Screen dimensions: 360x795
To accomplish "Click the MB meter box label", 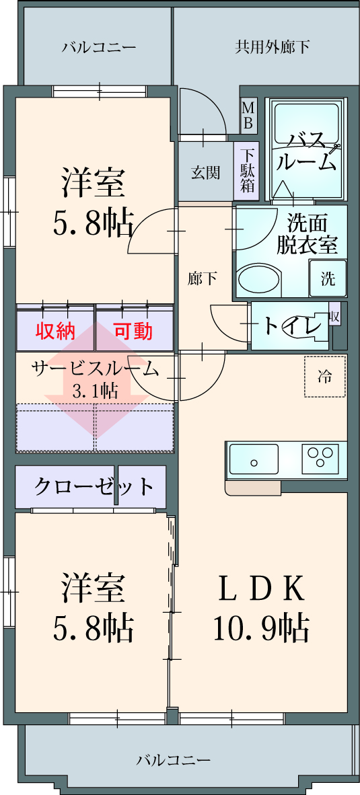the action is pyautogui.click(x=249, y=116).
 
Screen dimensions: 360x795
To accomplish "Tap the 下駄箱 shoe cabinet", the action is pyautogui.click(x=247, y=170).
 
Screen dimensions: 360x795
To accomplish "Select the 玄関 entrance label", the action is pyautogui.click(x=205, y=173).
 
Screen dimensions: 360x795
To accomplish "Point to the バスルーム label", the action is pyautogui.click(x=308, y=151).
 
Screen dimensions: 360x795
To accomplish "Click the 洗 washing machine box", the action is pyautogui.click(x=328, y=278).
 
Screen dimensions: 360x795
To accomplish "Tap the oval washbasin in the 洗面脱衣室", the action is pyautogui.click(x=259, y=279).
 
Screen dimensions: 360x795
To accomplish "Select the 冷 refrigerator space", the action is pyautogui.click(x=325, y=376).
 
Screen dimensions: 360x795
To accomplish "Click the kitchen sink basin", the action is pyautogui.click(x=254, y=459).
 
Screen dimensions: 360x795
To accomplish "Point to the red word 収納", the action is pyautogui.click(x=55, y=331).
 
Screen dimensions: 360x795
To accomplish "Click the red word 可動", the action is pyautogui.click(x=133, y=331).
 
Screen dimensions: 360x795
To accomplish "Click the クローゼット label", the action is pyautogui.click(x=94, y=486).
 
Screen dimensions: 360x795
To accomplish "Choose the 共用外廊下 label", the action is pyautogui.click(x=273, y=48).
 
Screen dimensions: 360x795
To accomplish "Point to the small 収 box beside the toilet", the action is pyautogui.click(x=334, y=317).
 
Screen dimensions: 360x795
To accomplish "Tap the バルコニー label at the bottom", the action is pyautogui.click(x=174, y=760).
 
